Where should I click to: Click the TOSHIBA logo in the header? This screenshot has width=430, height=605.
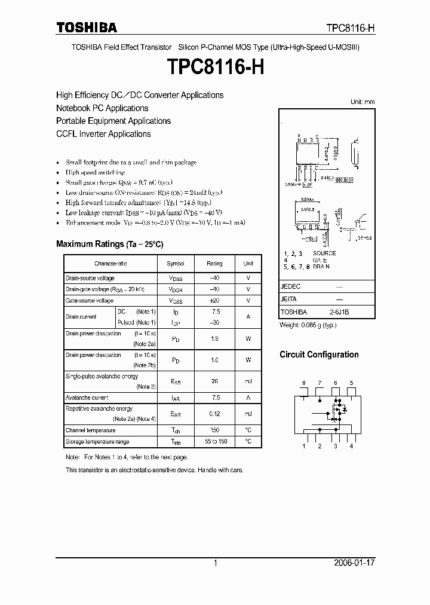click(x=87, y=27)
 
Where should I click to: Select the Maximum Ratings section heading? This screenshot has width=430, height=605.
click(x=109, y=244)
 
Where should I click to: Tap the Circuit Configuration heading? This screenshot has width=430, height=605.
click(x=319, y=355)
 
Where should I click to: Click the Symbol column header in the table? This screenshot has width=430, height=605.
click(x=175, y=264)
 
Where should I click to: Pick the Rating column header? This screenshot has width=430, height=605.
click(x=214, y=264)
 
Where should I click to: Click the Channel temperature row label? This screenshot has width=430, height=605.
click(x=91, y=430)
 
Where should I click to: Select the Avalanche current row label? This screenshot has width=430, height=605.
click(x=87, y=398)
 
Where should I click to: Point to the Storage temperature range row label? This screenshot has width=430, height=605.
click(x=97, y=442)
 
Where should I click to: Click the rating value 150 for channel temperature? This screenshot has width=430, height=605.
click(x=215, y=430)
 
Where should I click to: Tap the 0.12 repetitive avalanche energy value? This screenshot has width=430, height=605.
click(x=215, y=414)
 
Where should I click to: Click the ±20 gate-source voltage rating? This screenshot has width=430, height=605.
click(x=215, y=301)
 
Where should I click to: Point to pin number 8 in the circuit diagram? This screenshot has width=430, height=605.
click(x=303, y=383)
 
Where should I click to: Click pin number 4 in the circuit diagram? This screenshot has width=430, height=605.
click(x=351, y=446)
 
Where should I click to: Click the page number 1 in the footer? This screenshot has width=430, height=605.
click(x=215, y=563)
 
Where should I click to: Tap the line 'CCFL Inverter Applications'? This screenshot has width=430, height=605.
click(x=103, y=134)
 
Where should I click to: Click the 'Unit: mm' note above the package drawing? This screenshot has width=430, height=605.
click(x=363, y=102)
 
